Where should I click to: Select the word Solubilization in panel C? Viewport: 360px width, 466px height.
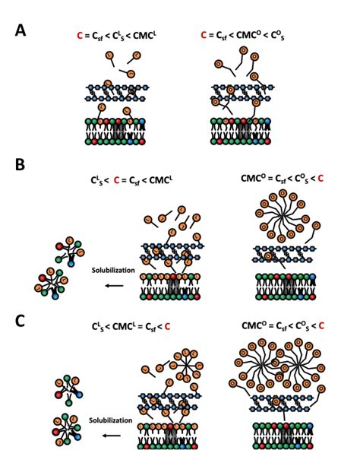coord(111,419)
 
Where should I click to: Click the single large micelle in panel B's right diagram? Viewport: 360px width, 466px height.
coord(278,221)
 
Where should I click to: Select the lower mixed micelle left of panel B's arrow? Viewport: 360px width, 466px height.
coord(53,282)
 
